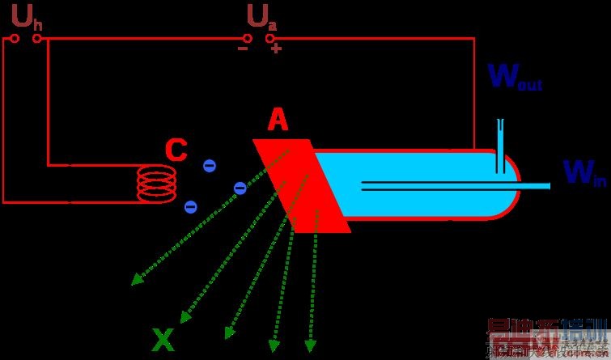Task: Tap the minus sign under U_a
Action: (x=242, y=49)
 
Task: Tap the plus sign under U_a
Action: (x=276, y=49)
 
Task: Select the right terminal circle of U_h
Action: (x=37, y=39)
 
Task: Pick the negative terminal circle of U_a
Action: (x=248, y=38)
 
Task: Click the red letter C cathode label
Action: (x=176, y=150)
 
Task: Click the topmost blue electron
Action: (x=209, y=166)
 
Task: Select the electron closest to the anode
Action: (x=240, y=188)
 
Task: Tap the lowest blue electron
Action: (x=190, y=206)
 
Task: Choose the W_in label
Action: (x=583, y=172)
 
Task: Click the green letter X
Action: (x=163, y=341)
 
